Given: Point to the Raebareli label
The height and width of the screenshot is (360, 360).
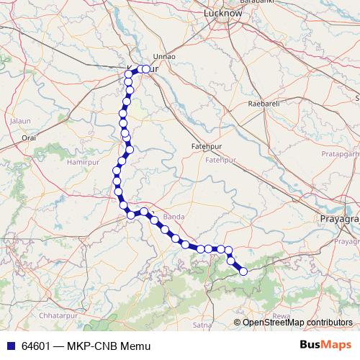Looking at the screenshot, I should coord(263,104).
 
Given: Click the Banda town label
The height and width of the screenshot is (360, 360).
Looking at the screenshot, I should coord(175,216).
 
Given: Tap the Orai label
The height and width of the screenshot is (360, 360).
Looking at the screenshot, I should coord(29,136).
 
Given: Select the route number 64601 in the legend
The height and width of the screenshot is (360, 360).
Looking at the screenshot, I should coord(35,346).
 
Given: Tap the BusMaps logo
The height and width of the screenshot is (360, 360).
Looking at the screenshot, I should coord(325,346).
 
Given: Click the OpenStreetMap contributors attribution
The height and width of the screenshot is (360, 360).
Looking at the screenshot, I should coord(297,323).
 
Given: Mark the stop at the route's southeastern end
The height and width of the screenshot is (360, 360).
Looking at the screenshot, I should coord(243,271).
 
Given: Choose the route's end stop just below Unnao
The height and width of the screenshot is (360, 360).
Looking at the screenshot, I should coord(146,69).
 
